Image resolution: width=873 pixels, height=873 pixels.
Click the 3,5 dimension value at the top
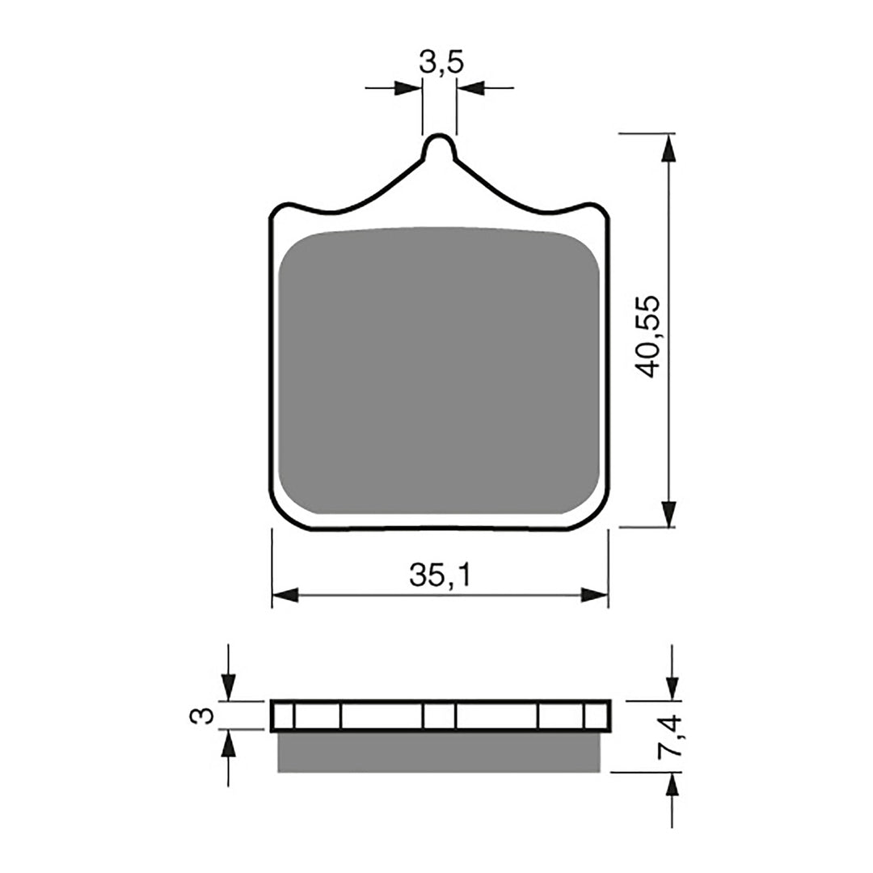[x=441, y=62]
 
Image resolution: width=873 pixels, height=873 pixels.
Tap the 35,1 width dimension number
[x=440, y=576]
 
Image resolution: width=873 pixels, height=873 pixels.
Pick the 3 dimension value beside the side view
[x=205, y=715]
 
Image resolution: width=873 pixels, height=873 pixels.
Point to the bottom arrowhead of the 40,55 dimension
[x=668, y=513]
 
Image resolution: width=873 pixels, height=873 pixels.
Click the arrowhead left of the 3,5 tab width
[x=408, y=87]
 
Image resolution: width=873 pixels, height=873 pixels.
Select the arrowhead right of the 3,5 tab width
[x=470, y=87]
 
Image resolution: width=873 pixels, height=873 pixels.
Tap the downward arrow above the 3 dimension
[x=229, y=687]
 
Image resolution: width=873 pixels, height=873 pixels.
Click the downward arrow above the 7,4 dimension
[x=670, y=686]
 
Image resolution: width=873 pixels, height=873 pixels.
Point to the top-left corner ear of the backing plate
[x=280, y=213]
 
